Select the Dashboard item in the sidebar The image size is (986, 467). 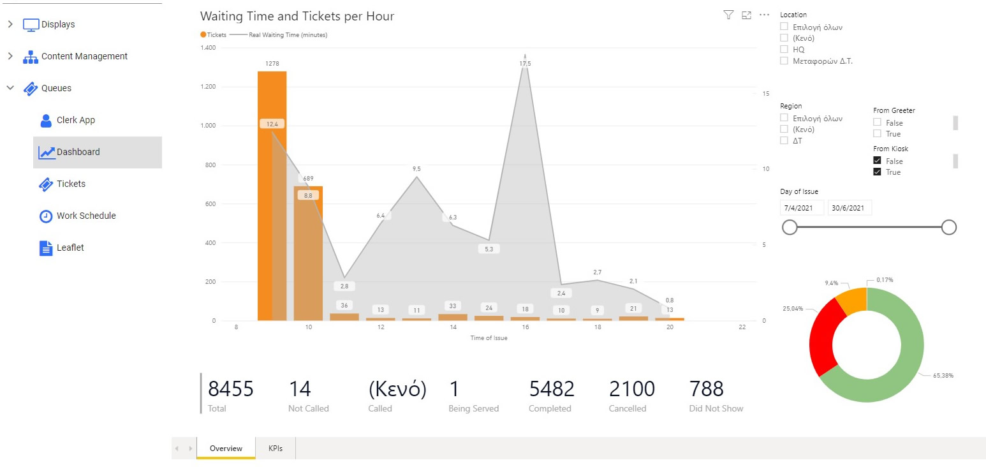[78, 152]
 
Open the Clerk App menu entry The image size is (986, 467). [75, 121]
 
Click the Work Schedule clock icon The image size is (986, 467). [46, 216]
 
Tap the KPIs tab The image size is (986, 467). [276, 448]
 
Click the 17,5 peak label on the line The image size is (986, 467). [525, 64]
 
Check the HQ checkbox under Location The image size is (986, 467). [784, 50]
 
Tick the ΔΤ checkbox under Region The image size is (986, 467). [784, 140]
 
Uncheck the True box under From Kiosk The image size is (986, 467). [878, 172]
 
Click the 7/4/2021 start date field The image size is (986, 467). [802, 208]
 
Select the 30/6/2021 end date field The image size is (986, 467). [849, 208]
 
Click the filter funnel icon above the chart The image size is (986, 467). [728, 15]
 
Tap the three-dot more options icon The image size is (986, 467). [765, 15]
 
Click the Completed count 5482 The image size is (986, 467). [552, 389]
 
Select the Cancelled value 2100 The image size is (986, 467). [631, 389]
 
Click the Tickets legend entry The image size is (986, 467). [213, 35]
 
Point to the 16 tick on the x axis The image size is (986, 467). [525, 327]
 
